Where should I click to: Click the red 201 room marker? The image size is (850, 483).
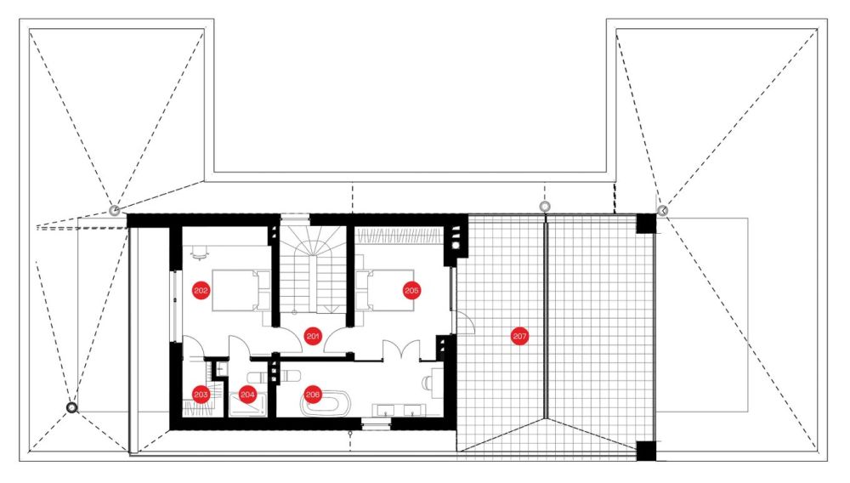(313, 336)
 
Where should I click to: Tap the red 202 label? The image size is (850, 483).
(201, 291)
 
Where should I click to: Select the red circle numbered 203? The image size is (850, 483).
(201, 394)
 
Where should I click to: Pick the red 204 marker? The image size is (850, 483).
(247, 395)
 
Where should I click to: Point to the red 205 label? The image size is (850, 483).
(411, 291)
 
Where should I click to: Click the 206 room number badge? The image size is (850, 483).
(313, 394)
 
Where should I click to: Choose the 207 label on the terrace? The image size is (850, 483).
(519, 336)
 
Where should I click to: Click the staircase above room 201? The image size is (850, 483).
(312, 269)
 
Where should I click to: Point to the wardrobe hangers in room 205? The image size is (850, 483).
(399, 236)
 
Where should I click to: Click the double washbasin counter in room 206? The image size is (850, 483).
(399, 411)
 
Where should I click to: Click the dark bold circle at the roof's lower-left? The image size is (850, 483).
(71, 407)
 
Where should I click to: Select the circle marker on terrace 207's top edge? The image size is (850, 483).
(545, 206)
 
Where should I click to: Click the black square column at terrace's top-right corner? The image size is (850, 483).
(646, 224)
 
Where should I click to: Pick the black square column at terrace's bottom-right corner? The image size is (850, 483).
(646, 451)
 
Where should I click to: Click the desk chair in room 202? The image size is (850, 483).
(198, 253)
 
